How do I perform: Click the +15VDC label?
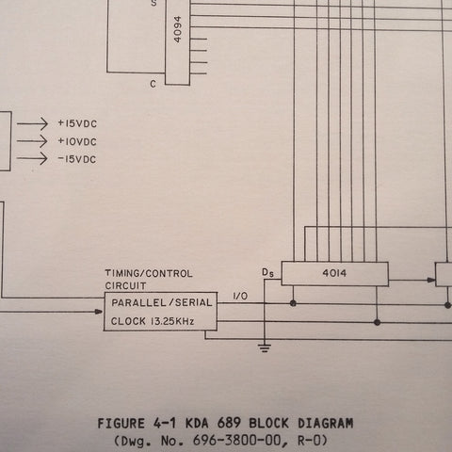click(x=77, y=123)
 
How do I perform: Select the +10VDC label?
click(x=77, y=141)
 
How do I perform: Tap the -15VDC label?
click(x=77, y=159)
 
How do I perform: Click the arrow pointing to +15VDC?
click(x=32, y=123)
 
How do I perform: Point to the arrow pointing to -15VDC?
click(x=32, y=158)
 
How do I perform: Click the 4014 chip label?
click(x=334, y=273)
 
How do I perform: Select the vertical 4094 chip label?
click(x=178, y=29)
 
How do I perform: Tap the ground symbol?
click(x=265, y=348)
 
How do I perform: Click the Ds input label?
click(x=267, y=272)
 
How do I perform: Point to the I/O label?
click(x=240, y=296)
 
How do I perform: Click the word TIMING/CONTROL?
click(x=149, y=273)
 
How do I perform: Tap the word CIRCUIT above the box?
click(x=125, y=286)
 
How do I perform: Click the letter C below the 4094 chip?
click(x=153, y=84)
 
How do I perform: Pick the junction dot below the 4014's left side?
click(x=293, y=303)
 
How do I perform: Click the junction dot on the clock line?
click(x=378, y=322)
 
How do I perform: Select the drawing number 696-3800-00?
click(x=237, y=441)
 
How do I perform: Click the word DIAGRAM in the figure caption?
click(x=326, y=424)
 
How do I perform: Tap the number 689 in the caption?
click(x=230, y=423)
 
